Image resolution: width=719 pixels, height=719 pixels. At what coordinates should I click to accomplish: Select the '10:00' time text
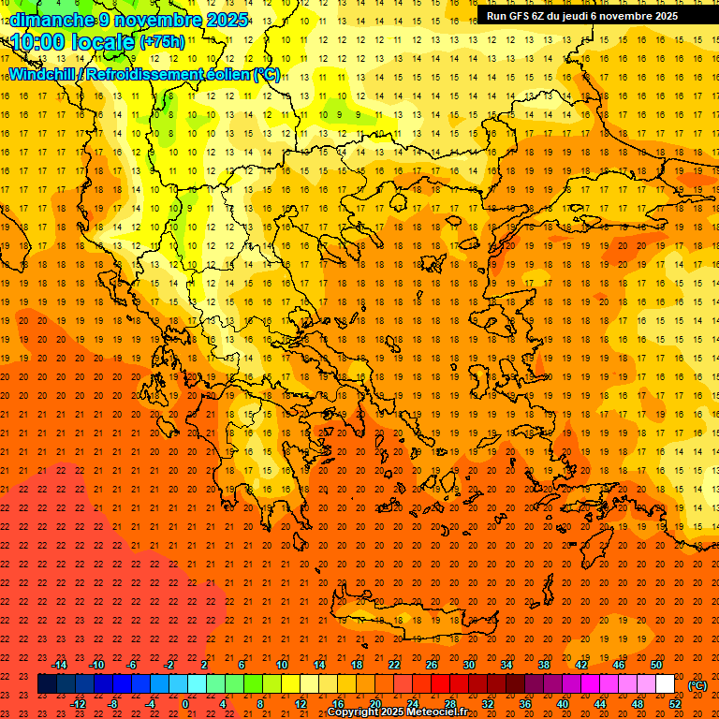pos(38,42)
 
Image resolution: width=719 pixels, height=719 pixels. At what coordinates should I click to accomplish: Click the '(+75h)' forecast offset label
pos(161,42)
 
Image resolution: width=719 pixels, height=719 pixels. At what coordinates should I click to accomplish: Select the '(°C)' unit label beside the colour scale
pos(697,685)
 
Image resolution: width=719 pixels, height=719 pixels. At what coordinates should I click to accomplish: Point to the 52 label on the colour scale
pos(675,704)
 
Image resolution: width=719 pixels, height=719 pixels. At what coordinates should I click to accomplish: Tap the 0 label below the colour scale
pos(185,704)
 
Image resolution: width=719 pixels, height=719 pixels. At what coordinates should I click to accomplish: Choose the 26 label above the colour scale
pos(432,665)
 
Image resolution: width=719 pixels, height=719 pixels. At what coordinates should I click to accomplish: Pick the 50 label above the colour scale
pos(656,665)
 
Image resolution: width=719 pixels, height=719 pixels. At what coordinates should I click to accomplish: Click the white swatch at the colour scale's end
pos(665,684)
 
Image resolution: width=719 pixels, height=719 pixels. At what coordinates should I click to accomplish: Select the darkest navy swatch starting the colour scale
pos(47,684)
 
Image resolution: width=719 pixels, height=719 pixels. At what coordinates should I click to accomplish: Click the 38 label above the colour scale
pos(544,665)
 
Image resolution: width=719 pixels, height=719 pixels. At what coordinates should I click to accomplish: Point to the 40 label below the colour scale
pos(563,704)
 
